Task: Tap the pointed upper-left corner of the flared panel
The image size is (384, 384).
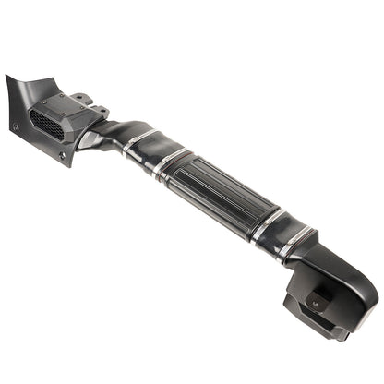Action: pyautogui.click(x=8, y=78)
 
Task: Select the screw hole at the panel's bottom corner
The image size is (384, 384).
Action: pyautogui.click(x=64, y=156)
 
